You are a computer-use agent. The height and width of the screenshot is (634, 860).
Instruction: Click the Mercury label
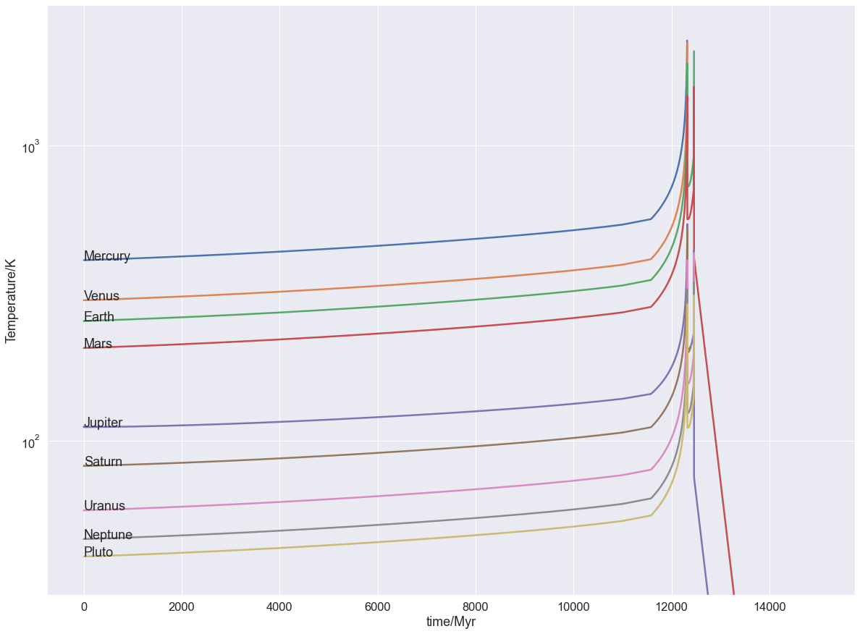[x=107, y=256]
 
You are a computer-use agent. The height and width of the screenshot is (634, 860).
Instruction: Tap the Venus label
[x=101, y=296]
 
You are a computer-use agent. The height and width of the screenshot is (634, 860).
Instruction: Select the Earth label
[x=99, y=317]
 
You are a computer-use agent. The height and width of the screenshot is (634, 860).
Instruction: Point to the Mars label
[x=98, y=344]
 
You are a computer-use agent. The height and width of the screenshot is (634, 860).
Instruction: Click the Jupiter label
[x=104, y=423]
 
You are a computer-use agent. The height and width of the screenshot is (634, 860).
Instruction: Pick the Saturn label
[x=104, y=462]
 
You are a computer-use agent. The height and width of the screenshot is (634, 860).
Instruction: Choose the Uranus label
[x=104, y=506]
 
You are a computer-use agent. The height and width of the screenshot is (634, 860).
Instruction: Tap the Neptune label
[x=108, y=535]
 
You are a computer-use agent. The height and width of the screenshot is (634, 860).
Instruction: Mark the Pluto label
[x=98, y=552]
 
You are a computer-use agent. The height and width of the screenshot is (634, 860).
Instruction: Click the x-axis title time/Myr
[x=451, y=622]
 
